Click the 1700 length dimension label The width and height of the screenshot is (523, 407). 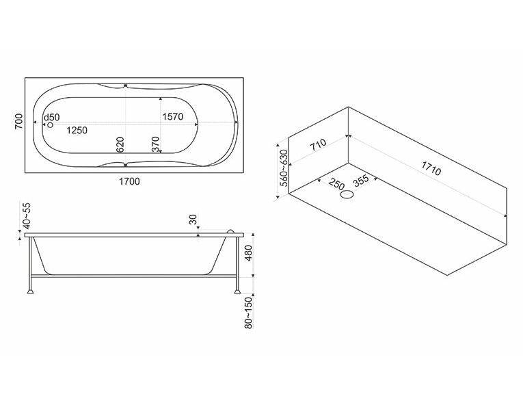pyautogui.click(x=129, y=181)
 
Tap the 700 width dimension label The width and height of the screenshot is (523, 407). pyautogui.click(x=19, y=122)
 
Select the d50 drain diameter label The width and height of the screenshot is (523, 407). pyautogui.click(x=52, y=117)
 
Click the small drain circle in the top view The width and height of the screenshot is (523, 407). pyautogui.click(x=51, y=124)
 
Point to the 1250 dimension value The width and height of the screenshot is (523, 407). pyautogui.click(x=77, y=130)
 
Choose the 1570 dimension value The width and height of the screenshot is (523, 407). pyautogui.click(x=173, y=116)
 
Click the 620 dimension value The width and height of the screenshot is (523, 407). pyautogui.click(x=120, y=144)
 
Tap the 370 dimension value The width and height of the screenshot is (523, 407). pyautogui.click(x=156, y=144)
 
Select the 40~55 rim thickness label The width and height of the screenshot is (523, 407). pyautogui.click(x=27, y=215)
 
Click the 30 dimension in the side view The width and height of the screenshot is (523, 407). pyautogui.click(x=193, y=220)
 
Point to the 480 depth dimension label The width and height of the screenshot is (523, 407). pyautogui.click(x=248, y=254)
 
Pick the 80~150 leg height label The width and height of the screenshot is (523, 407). pyautogui.click(x=248, y=313)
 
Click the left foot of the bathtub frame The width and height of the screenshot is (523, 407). pyautogui.click(x=31, y=291)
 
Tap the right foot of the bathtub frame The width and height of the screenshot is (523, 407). pyautogui.click(x=237, y=291)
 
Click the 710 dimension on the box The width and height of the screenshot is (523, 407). pyautogui.click(x=318, y=145)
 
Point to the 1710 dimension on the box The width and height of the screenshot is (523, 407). pyautogui.click(x=431, y=168)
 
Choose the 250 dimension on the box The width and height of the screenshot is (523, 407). pyautogui.click(x=336, y=184)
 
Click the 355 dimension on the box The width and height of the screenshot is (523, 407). pyautogui.click(x=361, y=181)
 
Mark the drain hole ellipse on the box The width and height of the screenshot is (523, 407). pyautogui.click(x=347, y=194)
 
